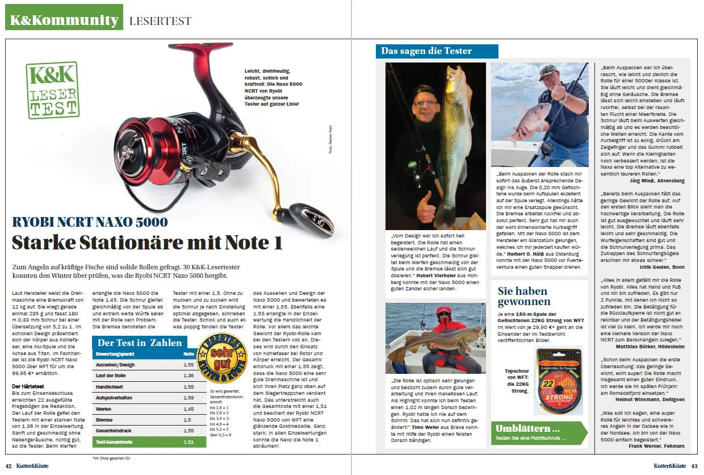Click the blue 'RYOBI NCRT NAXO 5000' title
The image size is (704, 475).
[90, 222]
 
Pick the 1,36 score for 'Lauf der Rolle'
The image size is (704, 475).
[189, 376]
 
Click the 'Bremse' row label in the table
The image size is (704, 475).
[104, 420]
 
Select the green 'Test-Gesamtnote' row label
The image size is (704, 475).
[116, 441]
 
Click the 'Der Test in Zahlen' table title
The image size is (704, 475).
[140, 343]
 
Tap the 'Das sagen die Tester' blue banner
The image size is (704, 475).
[437, 51]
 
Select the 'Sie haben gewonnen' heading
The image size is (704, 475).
[523, 295]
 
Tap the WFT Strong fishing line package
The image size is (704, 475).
[559, 373]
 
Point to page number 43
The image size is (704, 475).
[694, 466]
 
